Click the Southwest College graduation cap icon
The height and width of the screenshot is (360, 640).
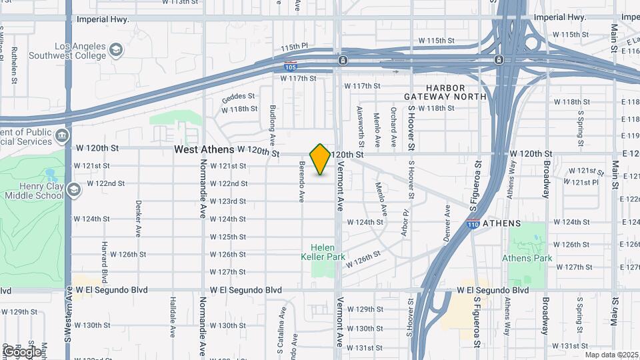116,50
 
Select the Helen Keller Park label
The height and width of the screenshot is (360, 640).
323,252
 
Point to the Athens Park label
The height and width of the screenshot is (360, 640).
527,258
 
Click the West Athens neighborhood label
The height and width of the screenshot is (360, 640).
203,150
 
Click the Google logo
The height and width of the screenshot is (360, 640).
22,351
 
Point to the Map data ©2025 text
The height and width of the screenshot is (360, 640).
612,355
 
